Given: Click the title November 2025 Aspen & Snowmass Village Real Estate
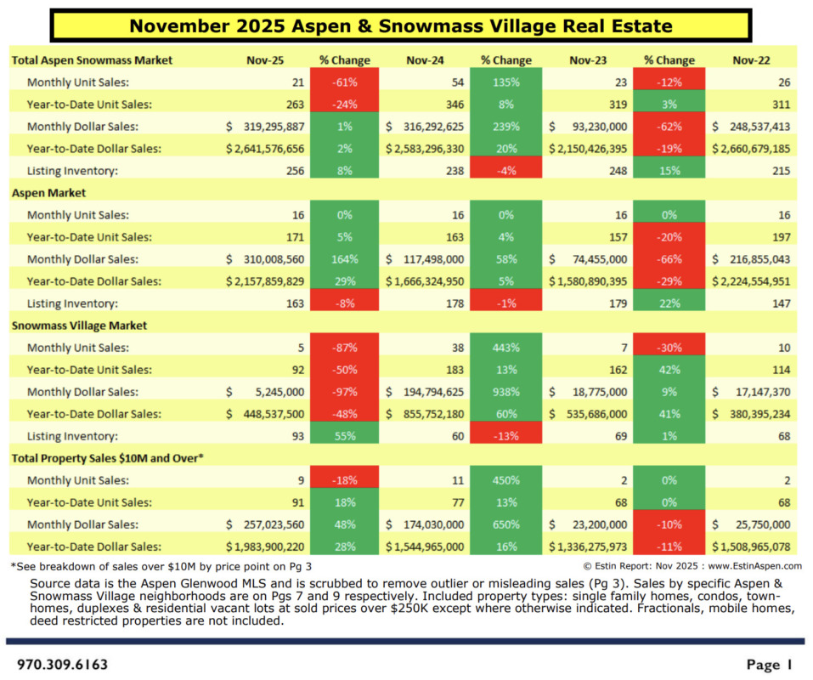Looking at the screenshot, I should [401, 25].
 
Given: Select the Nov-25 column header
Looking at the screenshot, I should [261, 60].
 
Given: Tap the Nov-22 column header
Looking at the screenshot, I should [750, 60].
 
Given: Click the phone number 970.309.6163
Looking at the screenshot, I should [63, 664].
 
